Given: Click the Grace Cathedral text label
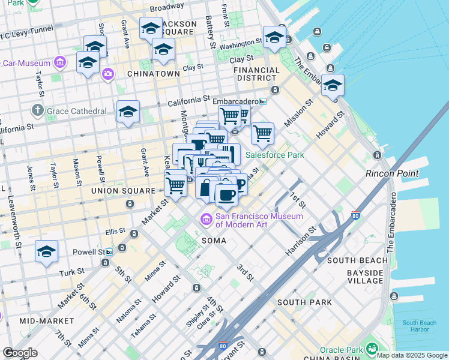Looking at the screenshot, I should (x=77, y=111).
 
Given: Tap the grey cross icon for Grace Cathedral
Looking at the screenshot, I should (x=38, y=110).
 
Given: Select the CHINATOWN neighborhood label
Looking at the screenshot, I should (x=153, y=74).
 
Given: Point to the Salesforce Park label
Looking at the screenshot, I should (x=274, y=155).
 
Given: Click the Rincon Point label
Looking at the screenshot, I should (x=392, y=173).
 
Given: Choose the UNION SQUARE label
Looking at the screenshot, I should (x=122, y=191).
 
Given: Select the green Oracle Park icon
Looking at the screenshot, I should (x=372, y=349).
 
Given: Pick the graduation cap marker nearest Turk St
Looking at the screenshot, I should (x=46, y=252).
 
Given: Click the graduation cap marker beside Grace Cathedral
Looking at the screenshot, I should (x=128, y=112).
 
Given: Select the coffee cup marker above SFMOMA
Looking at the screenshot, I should (x=226, y=194).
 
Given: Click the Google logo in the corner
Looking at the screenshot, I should (x=20, y=352).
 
